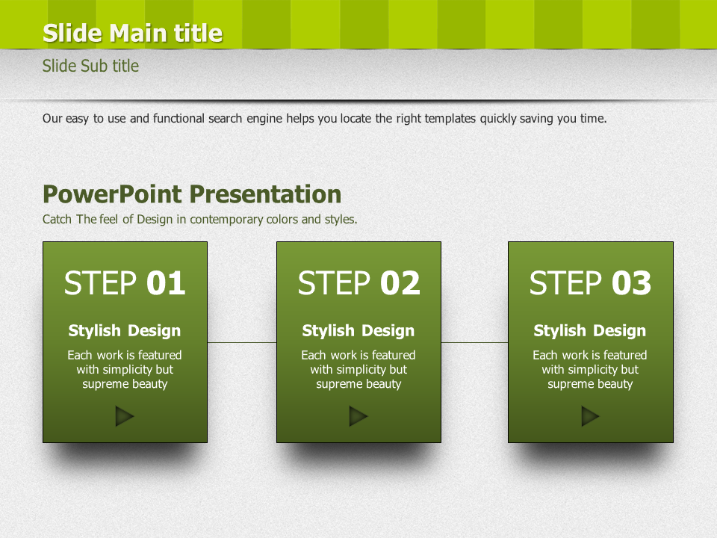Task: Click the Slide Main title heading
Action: coord(133,33)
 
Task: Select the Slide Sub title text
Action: coord(90,66)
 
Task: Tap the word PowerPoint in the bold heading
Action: coord(113,194)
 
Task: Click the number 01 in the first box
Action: coord(166,282)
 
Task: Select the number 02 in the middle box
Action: coord(400,282)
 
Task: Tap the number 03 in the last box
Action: coord(632,282)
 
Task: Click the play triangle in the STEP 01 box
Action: coord(124,416)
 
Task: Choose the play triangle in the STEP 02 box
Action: coord(358,416)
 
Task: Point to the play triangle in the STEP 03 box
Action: coord(590,416)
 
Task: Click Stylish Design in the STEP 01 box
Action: coord(125,331)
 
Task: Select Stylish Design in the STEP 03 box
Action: coord(590,331)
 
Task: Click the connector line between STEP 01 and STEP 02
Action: coord(242,342)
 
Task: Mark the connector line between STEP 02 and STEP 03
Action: coord(475,342)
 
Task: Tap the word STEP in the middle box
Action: coord(334,282)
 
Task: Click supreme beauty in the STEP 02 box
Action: coord(358,384)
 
